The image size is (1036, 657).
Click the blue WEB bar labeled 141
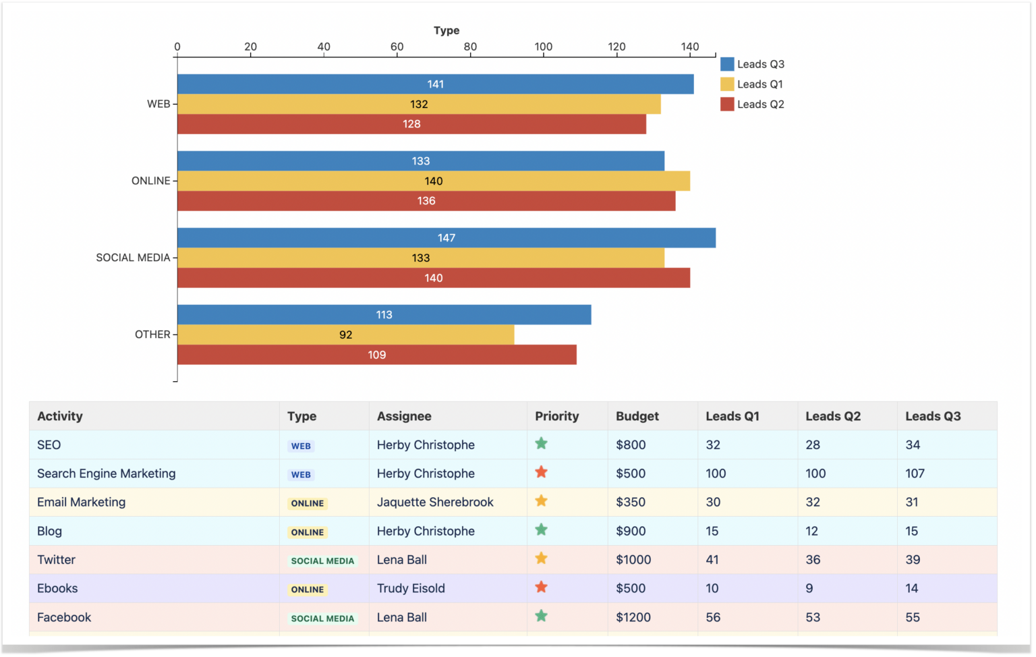click(x=435, y=84)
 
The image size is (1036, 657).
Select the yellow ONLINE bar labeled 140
click(x=433, y=181)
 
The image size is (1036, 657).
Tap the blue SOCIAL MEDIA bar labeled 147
click(x=446, y=238)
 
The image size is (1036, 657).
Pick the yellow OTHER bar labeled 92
click(x=345, y=335)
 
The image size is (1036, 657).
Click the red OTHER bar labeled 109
click(x=376, y=355)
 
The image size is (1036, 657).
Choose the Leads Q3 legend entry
click(x=753, y=64)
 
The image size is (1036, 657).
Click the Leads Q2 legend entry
click(x=753, y=105)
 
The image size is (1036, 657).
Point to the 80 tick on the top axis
click(x=470, y=47)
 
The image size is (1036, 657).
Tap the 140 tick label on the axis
click(x=689, y=47)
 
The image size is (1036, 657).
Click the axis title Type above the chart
click(x=447, y=30)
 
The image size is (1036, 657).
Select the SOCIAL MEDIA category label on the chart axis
click(x=133, y=258)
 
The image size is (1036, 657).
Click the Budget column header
click(x=637, y=416)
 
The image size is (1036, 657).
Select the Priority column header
click(x=556, y=416)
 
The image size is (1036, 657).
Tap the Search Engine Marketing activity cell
click(x=106, y=474)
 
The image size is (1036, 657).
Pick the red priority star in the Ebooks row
click(x=541, y=588)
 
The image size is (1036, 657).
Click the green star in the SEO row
click(x=541, y=444)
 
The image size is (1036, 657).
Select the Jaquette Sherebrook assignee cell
click(x=435, y=503)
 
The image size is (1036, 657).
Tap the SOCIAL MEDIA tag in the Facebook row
click(x=322, y=619)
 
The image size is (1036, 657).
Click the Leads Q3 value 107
click(x=915, y=474)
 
